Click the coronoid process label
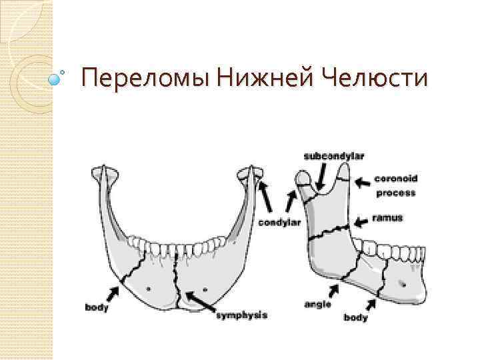[395, 186]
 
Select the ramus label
[388, 219]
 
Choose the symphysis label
[241, 315]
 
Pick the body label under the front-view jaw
[97, 308]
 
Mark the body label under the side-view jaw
[355, 318]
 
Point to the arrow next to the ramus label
[363, 221]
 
